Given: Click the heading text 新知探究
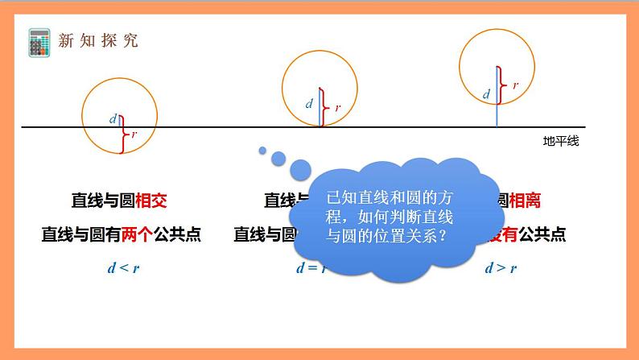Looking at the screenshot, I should (98, 41).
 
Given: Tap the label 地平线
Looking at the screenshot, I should (561, 141).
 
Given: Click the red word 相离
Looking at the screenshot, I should (517, 200).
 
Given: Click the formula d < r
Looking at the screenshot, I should (122, 268).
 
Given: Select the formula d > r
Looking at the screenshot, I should (500, 268).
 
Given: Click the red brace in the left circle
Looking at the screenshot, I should (122, 134).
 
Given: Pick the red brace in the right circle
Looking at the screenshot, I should (501, 83).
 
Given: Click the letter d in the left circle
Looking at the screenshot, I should (113, 119).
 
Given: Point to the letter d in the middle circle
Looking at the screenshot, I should (309, 104).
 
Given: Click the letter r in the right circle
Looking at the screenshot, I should (515, 84).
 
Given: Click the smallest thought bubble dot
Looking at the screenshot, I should (262, 149).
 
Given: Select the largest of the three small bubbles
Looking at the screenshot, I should (300, 169).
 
